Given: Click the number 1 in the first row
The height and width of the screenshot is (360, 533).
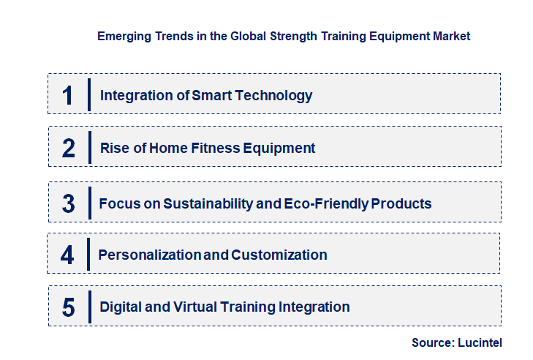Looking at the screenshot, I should (x=68, y=95).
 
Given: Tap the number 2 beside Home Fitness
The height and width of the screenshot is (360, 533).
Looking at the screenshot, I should (x=69, y=149).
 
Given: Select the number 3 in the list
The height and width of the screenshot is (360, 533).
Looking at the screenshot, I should (x=69, y=203).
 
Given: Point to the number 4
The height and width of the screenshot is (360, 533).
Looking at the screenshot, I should (x=68, y=255).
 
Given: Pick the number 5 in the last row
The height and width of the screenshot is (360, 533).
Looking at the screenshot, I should (x=69, y=307).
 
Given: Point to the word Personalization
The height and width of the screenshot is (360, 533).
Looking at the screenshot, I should (x=149, y=255).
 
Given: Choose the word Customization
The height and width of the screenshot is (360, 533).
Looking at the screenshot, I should (x=279, y=255).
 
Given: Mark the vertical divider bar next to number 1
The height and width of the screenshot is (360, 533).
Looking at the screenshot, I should (x=88, y=94).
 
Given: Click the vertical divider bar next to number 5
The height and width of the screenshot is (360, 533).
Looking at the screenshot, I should (x=88, y=306).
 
